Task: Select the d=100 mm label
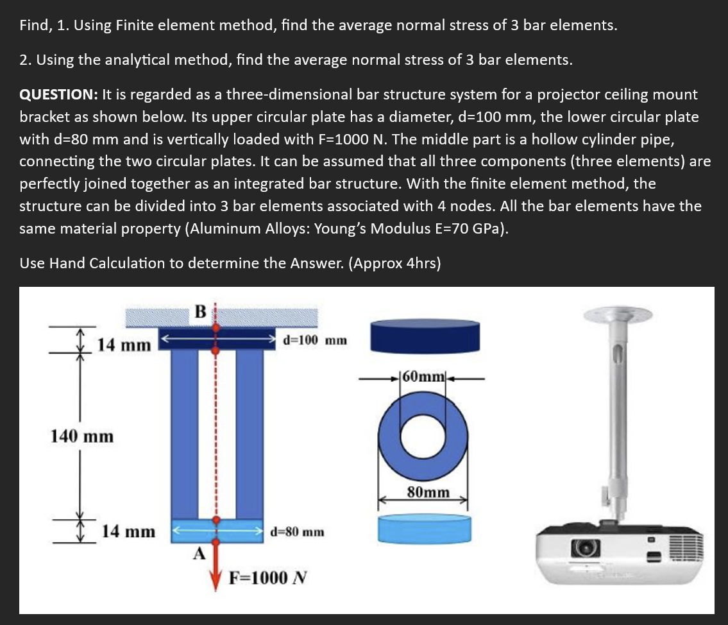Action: click(314, 339)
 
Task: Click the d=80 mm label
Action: click(297, 531)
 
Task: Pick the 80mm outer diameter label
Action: click(428, 493)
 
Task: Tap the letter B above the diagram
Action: click(199, 312)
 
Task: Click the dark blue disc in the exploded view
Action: click(427, 336)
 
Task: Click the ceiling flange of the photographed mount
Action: click(615, 313)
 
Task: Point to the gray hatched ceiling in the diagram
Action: click(269, 316)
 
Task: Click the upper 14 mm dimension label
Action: click(123, 345)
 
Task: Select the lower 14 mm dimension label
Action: click(129, 531)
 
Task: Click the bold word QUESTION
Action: click(58, 95)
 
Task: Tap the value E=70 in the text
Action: click(469, 229)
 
